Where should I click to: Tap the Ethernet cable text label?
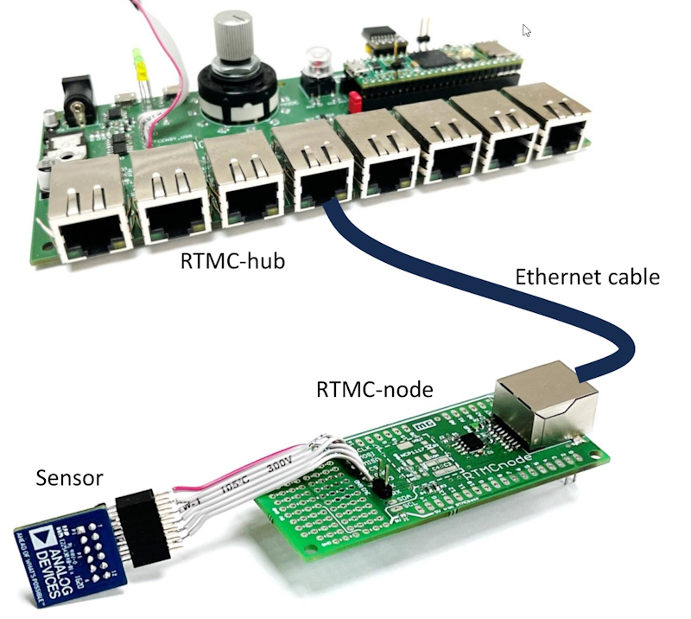point(587,278)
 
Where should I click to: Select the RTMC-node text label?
point(374,390)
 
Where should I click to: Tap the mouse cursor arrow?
point(526,30)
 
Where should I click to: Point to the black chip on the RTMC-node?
point(472,442)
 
